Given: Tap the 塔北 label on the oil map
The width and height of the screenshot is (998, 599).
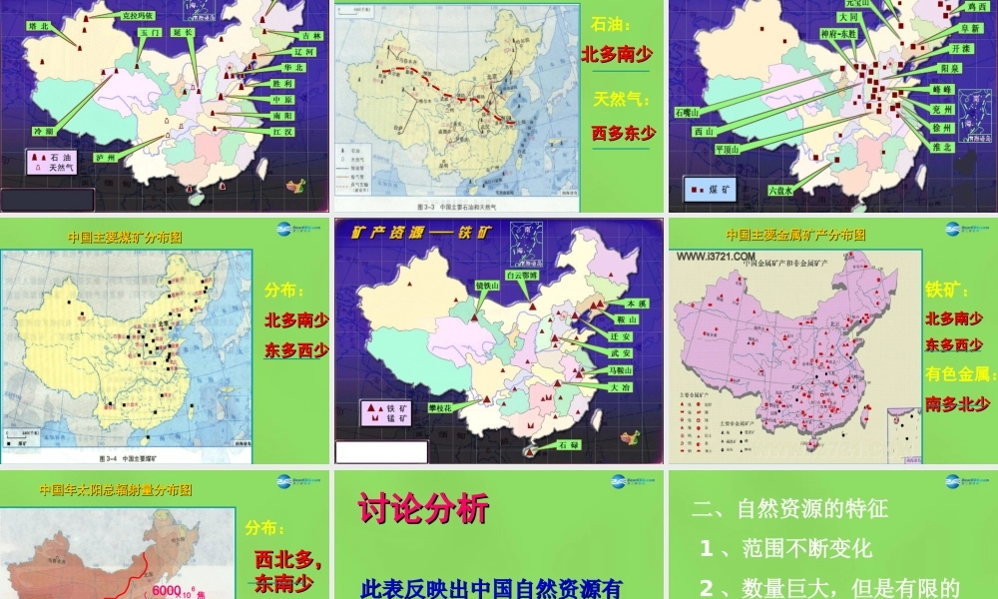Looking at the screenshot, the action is (x=39, y=26).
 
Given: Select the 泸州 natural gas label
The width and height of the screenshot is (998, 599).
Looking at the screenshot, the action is (x=105, y=158).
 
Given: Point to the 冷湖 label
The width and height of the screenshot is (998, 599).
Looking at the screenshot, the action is (x=43, y=131).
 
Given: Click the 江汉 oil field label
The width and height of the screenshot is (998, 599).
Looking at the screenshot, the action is (x=281, y=132).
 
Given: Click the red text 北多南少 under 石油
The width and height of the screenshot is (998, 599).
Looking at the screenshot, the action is (x=617, y=54).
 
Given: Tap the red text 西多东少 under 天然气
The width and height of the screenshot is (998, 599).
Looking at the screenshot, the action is (x=624, y=132).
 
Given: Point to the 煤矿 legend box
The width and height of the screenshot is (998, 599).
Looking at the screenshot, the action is (x=710, y=188).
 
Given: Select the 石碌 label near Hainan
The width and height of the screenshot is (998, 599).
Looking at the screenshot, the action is (x=568, y=443).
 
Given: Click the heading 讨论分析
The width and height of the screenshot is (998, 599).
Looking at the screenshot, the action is (x=423, y=509).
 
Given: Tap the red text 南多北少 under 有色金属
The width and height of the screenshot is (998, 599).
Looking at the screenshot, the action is (x=958, y=404).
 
